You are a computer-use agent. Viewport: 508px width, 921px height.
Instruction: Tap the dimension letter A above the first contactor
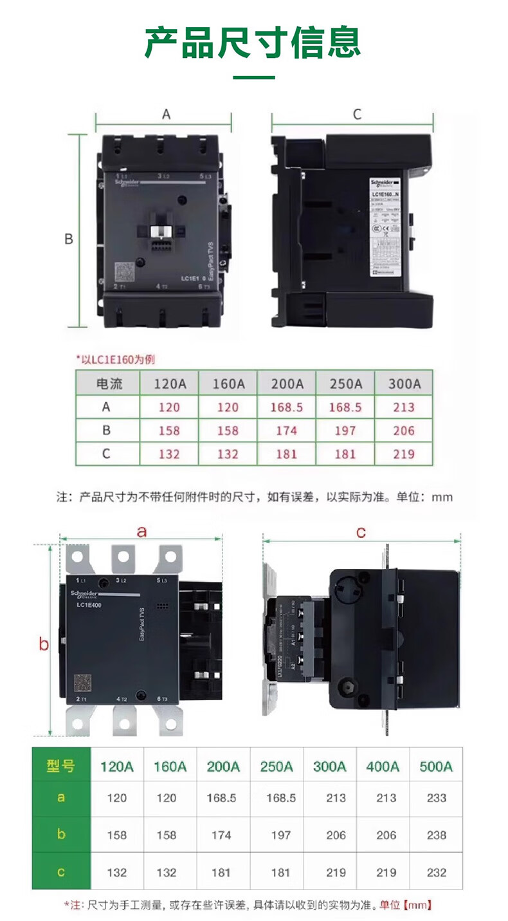click(x=166, y=115)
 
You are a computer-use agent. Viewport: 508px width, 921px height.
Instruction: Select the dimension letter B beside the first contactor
click(x=68, y=239)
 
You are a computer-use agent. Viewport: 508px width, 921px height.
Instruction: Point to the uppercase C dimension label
click(x=358, y=115)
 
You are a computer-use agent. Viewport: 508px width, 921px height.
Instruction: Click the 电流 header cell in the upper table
click(x=108, y=384)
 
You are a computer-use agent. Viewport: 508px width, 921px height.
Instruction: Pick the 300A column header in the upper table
click(x=404, y=384)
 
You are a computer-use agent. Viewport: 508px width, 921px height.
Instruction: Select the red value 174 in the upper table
click(x=286, y=431)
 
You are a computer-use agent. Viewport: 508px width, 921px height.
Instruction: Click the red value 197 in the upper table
click(x=345, y=431)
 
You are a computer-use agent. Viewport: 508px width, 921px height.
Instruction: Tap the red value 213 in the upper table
click(x=404, y=407)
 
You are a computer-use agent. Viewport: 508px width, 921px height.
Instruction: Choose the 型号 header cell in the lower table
click(x=60, y=766)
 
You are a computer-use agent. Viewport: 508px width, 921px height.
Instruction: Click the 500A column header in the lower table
click(x=436, y=766)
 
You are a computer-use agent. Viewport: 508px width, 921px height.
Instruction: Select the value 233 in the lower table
click(x=436, y=798)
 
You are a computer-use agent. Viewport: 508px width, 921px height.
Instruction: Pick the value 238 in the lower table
click(x=436, y=835)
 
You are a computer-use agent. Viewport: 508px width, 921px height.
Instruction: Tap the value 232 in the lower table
click(x=436, y=872)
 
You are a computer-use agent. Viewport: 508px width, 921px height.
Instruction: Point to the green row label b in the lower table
click(x=60, y=835)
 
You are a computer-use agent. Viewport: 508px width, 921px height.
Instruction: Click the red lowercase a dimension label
click(x=142, y=532)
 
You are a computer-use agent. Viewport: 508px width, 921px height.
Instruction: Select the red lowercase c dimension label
click(x=361, y=532)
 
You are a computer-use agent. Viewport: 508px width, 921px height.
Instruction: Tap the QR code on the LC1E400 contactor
click(x=82, y=682)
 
